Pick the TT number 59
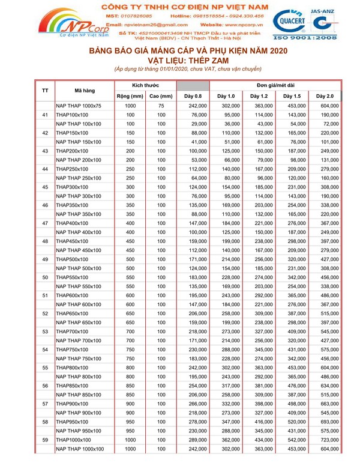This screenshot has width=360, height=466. click(x=45, y=440)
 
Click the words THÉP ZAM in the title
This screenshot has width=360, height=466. click(x=217, y=61)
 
